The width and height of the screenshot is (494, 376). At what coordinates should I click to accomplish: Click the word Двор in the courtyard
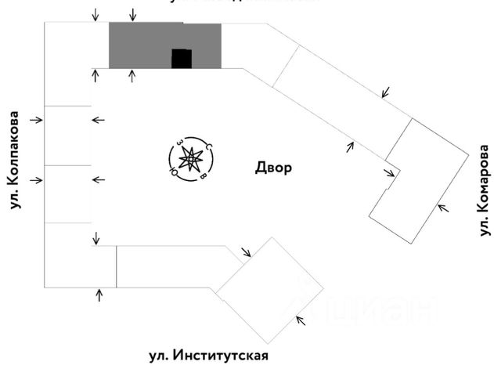(x=273, y=168)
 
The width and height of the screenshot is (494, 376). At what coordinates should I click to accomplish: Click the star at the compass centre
(x=190, y=160)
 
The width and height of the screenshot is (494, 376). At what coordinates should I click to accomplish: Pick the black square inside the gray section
(x=182, y=59)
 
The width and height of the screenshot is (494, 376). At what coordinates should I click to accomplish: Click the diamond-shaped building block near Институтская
(x=269, y=291)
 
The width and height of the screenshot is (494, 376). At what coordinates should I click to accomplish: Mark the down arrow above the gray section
(x=132, y=15)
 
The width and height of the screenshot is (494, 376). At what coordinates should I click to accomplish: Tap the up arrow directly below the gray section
(x=132, y=76)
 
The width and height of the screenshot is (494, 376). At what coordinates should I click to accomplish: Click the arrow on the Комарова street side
(x=442, y=208)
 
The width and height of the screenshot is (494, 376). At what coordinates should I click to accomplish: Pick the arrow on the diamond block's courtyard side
(x=246, y=252)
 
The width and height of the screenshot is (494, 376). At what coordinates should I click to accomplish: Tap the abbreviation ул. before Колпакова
(x=13, y=201)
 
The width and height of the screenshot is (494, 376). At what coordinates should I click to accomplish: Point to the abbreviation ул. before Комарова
(x=485, y=226)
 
